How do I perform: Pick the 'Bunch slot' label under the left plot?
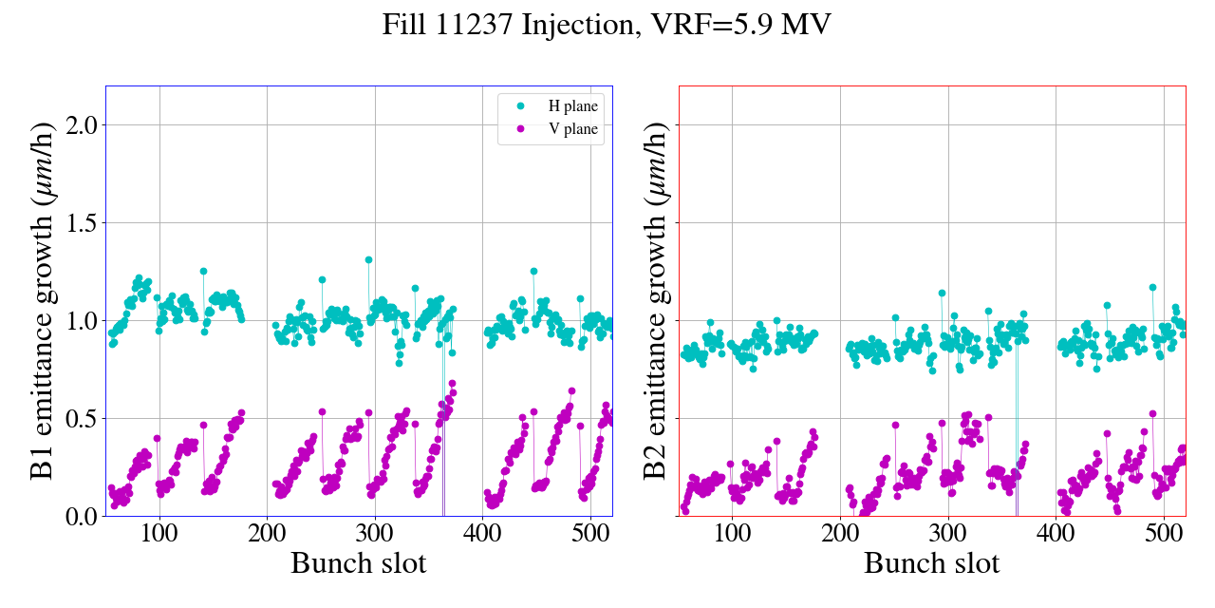pos(359,563)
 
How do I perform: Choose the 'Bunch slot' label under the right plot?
pos(932,563)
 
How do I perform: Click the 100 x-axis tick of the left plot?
pos(159,532)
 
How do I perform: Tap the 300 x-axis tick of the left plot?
pos(375,532)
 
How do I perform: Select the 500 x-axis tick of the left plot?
pos(590,532)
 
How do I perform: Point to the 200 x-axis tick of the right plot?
pos(840,532)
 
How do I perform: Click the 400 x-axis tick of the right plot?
pos(1056,532)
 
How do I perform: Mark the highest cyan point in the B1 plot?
pos(368,259)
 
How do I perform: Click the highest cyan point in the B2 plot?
pos(1152,287)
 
